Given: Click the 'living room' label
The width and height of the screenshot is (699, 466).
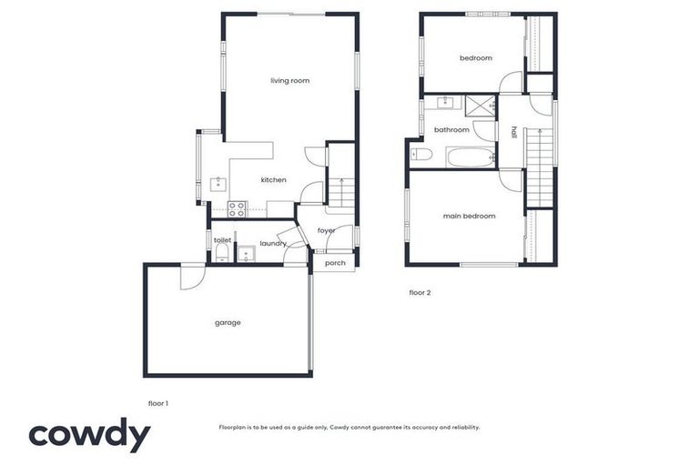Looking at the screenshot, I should click(289, 81).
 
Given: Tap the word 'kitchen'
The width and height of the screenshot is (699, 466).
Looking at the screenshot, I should click(273, 180).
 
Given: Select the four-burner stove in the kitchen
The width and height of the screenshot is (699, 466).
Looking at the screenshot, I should click(237, 209).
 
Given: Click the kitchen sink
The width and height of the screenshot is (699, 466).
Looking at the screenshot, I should click(218, 184).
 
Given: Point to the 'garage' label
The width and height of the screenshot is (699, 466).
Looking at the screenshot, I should click(228, 322).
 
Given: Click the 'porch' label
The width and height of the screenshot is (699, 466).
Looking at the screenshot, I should click(335, 263).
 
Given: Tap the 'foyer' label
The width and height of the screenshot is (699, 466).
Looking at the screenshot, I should click(326, 230).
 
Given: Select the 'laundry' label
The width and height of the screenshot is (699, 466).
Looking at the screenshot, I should click(272, 244).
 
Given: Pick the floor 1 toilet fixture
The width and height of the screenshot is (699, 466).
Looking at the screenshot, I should click(221, 252).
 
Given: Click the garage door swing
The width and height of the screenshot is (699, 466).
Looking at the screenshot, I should click(192, 276).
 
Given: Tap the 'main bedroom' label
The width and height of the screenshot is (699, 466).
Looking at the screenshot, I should click(469, 216).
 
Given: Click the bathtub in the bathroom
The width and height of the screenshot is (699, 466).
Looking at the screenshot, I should click(471, 157).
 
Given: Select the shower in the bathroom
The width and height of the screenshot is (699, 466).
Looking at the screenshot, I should click(479, 106).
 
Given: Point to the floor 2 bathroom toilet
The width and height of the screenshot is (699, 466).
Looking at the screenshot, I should click(420, 154).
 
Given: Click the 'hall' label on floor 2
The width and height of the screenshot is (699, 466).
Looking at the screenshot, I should click(513, 133).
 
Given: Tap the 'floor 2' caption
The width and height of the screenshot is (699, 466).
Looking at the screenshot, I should click(420, 293).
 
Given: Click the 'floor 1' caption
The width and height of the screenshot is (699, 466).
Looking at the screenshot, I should click(157, 402).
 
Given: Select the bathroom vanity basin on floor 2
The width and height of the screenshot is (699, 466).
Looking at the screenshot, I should click(446, 102).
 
